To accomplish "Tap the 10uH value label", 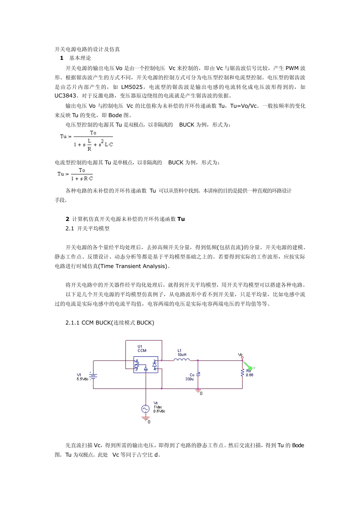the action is coord(182,355).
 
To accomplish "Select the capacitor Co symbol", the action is coord(199,374).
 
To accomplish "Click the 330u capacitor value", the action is coord(189,379).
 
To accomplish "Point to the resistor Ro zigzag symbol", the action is coord(243,373).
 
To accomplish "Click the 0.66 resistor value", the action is coord(249,375).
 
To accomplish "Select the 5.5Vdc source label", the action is coord(83,379).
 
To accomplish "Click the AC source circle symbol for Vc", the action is coord(146,409).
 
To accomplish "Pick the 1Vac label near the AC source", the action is coord(158,407).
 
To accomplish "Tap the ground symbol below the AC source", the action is coord(146,419).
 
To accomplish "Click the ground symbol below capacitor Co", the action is coord(197,392).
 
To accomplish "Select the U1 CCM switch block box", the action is coord(146,365).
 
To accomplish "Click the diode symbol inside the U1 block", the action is coord(155,364).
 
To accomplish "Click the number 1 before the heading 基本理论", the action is coord(62,58).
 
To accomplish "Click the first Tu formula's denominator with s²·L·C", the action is coord(93,144).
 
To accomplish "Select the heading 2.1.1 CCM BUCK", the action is coord(110,323).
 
